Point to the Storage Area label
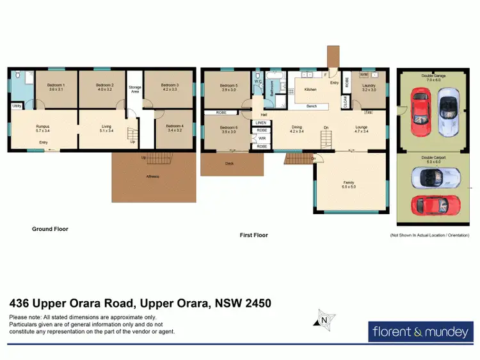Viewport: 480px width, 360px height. (x=134, y=90)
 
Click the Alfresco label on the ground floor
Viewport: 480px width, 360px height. (x=152, y=175)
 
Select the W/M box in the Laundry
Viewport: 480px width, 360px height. (x=363, y=75)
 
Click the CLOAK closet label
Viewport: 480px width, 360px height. (x=346, y=102)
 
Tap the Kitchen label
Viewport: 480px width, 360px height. (x=310, y=90)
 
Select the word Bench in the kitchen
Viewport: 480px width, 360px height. (x=312, y=106)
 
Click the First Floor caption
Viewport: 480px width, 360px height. (x=253, y=235)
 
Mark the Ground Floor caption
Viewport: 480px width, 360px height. (x=50, y=228)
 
